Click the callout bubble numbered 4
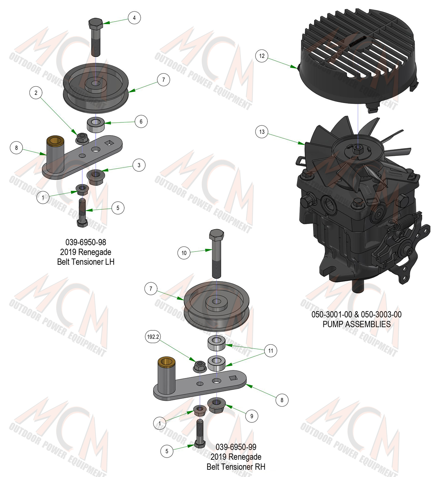click(134, 18)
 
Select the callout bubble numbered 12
click(262, 56)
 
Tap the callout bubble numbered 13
click(262, 132)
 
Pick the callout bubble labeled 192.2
click(153, 337)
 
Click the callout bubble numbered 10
click(184, 253)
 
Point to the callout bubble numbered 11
click(271, 351)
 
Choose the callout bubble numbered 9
click(252, 416)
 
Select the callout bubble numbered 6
click(141, 121)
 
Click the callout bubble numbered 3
click(139, 165)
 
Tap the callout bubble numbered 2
click(36, 93)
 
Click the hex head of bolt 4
click(96, 23)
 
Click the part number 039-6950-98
click(86, 242)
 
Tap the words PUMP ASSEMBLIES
click(357, 324)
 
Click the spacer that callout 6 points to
click(96, 124)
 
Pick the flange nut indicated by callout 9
click(216, 405)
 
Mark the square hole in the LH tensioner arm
click(109, 143)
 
